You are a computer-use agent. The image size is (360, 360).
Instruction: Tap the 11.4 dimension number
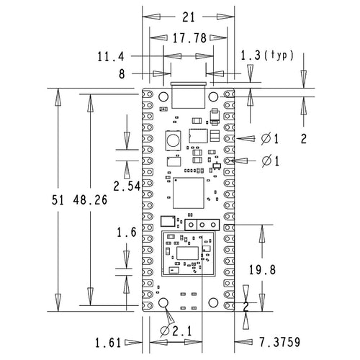pyautogui.click(x=111, y=55)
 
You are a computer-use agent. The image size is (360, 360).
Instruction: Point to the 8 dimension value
pyautogui.click(x=122, y=73)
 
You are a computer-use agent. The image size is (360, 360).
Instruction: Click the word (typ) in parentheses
pyautogui.click(x=280, y=55)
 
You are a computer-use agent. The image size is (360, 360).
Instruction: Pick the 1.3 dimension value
pyautogui.click(x=251, y=55)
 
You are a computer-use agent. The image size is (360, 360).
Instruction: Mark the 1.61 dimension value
pyautogui.click(x=109, y=341)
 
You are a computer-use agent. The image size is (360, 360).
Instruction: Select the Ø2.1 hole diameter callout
pyautogui.click(x=176, y=332)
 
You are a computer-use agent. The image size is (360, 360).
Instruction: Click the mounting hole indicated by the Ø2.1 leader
pyautogui.click(x=163, y=302)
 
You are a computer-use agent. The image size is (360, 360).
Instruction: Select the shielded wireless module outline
pyautogui.click(x=189, y=254)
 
